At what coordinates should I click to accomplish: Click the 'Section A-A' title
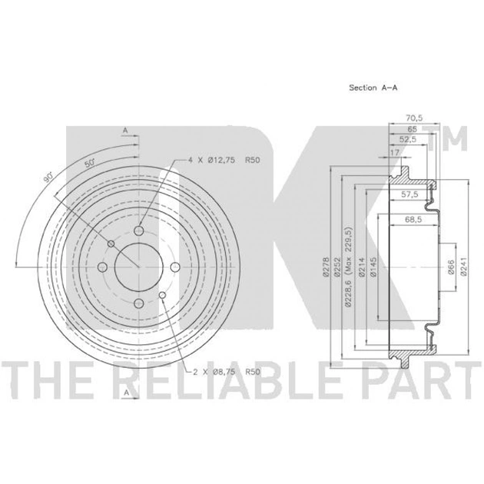[373, 88]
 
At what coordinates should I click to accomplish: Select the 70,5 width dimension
[414, 118]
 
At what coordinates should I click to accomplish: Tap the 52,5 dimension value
[408, 140]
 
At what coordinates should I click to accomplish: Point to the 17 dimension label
[395, 152]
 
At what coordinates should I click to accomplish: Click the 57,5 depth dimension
[409, 194]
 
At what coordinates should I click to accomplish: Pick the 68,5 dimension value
[413, 220]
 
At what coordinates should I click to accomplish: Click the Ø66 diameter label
[451, 267]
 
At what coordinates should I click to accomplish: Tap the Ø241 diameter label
[463, 266]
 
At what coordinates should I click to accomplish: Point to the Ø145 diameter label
[373, 267]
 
